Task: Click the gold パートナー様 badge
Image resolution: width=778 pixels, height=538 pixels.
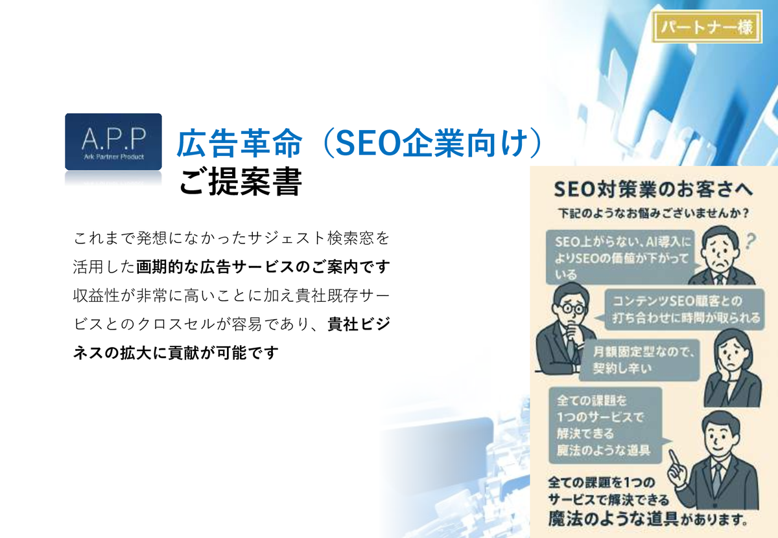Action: coord(707,27)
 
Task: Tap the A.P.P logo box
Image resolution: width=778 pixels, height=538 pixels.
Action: coord(113,142)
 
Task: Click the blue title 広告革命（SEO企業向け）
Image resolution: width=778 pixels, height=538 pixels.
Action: coord(360,143)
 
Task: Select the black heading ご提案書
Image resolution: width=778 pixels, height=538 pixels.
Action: coord(241,182)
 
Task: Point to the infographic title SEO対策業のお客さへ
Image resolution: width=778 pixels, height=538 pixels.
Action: coord(653,190)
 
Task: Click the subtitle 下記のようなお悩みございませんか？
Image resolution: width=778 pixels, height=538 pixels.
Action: coord(653,213)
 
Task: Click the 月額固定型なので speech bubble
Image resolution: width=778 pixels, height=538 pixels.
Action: coord(639,360)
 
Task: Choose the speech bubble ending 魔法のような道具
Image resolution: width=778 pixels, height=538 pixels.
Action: coord(606,425)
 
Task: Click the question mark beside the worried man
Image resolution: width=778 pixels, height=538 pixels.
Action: coord(750,242)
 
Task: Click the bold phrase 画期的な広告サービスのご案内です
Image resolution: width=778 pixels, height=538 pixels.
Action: coord(263,267)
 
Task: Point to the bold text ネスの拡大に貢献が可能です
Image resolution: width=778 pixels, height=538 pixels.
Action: coord(176,353)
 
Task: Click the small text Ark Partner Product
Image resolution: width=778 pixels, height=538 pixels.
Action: coord(113,157)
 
